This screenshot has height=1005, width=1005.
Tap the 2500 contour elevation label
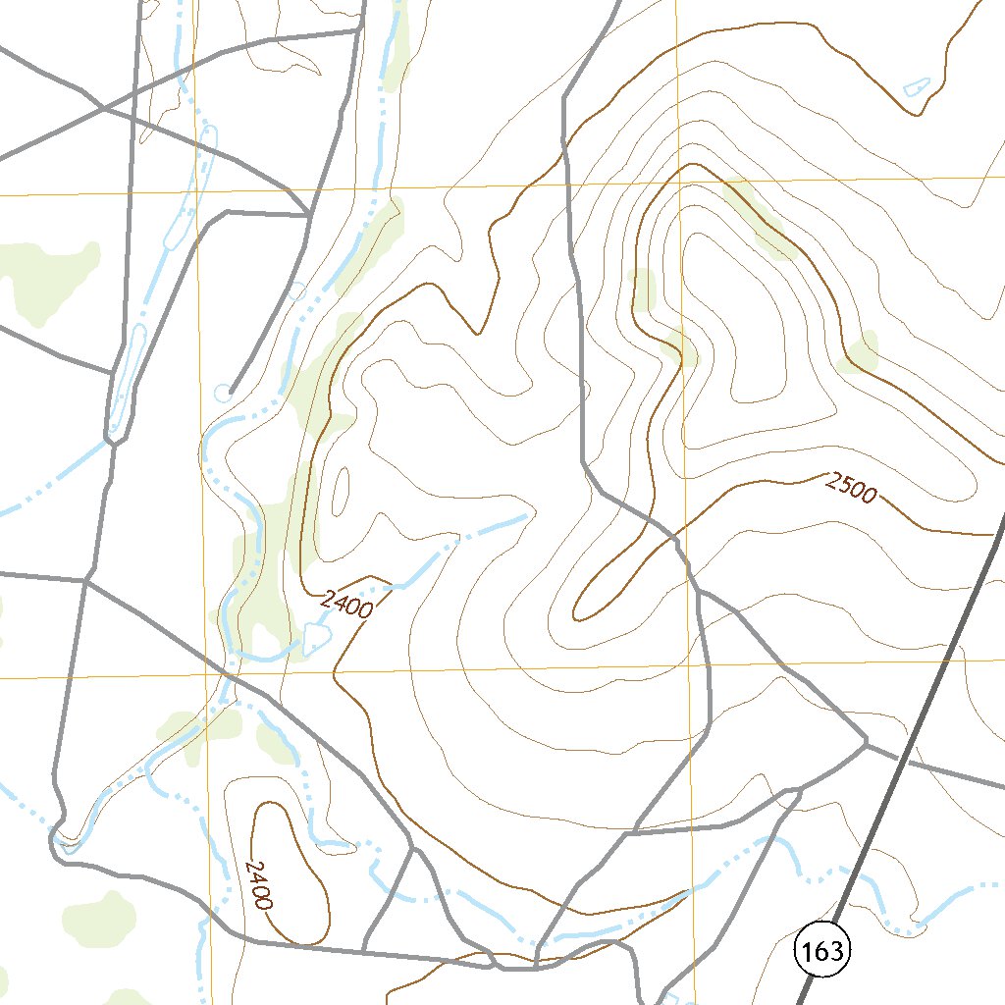tap(851, 488)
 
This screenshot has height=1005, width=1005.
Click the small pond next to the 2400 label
tap(314, 640)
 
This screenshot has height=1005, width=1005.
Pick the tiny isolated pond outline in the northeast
tap(916, 86)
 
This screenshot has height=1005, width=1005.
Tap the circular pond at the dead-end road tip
tap(223, 393)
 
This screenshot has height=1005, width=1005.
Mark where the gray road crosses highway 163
tap(908, 760)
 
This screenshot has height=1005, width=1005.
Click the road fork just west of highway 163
tap(867, 740)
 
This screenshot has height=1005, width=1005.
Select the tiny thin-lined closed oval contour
tap(342, 491)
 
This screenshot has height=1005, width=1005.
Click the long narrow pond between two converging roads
tap(124, 383)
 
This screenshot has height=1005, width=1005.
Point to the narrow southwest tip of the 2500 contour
tap(577, 612)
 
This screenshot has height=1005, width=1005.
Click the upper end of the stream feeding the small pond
tap(526, 514)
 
